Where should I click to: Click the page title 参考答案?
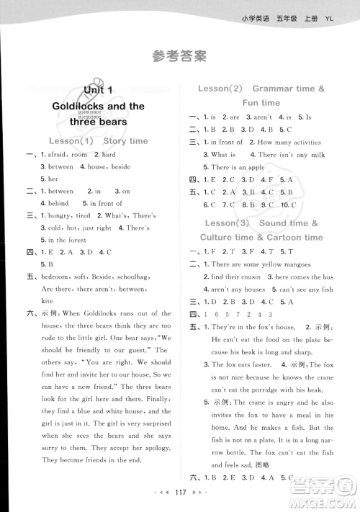click(179, 55)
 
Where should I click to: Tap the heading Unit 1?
click(98, 90)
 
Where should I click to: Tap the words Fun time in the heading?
click(261, 103)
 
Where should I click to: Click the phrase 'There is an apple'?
click(238, 167)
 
